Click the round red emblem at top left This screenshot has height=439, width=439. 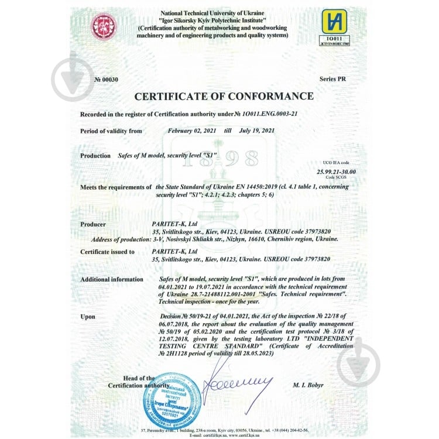click(x=103, y=26)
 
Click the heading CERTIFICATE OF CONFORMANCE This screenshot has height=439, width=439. click(x=224, y=96)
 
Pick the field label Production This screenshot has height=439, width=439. click(x=95, y=156)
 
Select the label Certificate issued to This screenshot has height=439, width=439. click(x=107, y=252)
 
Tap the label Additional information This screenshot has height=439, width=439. click(x=111, y=280)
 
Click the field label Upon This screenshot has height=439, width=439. click(x=87, y=317)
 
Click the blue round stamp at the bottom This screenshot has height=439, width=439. click(x=172, y=399)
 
